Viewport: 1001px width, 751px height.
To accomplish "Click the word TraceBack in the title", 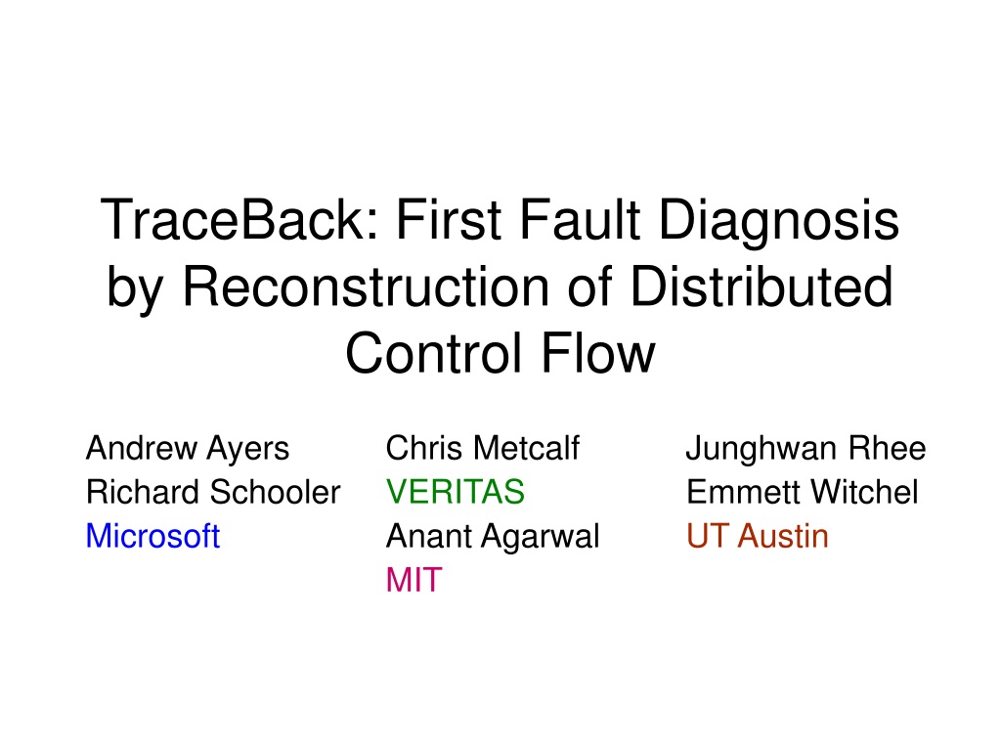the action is [241, 219].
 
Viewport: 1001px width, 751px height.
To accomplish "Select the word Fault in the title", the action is [580, 219].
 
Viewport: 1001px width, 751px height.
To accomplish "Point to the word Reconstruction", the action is [366, 287].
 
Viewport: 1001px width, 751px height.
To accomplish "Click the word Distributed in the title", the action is [762, 287].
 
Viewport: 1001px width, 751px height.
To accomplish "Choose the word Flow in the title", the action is [598, 353].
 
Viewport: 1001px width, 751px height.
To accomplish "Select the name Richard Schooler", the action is [213, 492].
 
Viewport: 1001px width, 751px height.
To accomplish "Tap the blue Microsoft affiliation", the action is [153, 536].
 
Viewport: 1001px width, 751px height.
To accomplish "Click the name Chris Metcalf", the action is [483, 448].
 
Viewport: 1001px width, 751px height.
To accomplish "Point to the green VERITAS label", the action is [456, 492].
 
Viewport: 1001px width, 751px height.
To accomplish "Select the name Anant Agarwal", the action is [493, 538].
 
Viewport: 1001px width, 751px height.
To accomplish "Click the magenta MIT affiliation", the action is [414, 580].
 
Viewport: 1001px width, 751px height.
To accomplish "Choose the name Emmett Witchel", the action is [803, 492].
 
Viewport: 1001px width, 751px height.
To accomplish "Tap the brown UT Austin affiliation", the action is [758, 536].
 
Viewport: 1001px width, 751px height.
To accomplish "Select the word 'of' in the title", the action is [589, 287].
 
